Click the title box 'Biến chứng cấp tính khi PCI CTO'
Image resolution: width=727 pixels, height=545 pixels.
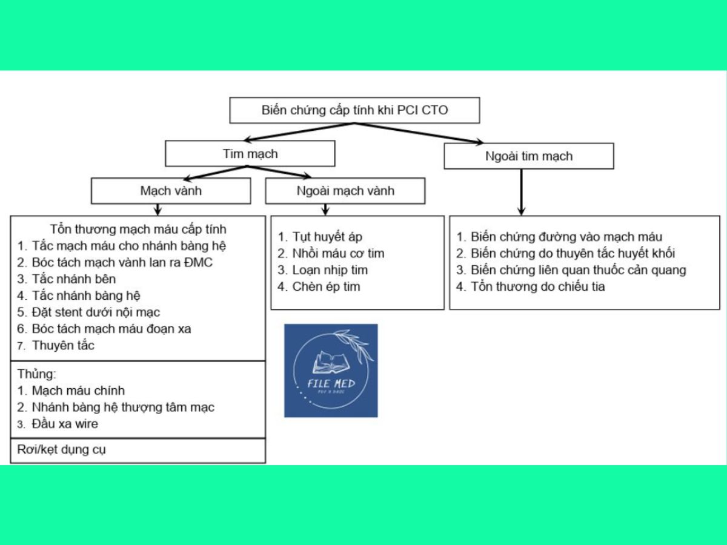(354, 110)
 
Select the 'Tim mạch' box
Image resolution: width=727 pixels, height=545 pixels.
(250, 154)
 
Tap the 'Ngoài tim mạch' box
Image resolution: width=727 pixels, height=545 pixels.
(529, 156)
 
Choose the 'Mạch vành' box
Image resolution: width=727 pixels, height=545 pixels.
(171, 191)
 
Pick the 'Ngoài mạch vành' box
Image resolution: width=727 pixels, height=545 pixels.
(345, 191)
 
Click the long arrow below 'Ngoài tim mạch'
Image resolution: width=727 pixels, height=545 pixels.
(522, 192)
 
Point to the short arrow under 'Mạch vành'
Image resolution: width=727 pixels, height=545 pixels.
(158, 210)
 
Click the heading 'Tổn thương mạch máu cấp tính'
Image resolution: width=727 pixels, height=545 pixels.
(138, 229)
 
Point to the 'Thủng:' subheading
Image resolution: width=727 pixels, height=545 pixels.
(37, 374)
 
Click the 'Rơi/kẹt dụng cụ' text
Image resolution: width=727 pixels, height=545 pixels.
(61, 450)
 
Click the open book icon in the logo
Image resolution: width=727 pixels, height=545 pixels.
(331, 362)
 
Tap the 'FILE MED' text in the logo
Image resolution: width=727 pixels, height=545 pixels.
(331, 384)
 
